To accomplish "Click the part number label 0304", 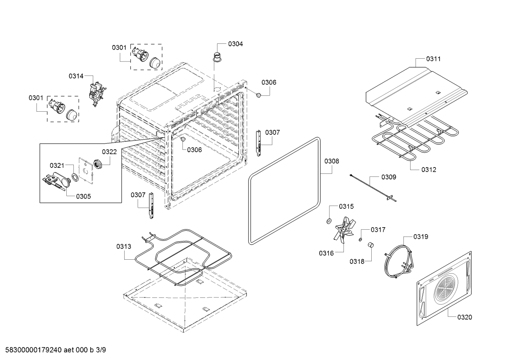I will click(235, 44).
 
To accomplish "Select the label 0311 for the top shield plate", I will click(433, 59).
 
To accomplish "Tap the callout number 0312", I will click(429, 170).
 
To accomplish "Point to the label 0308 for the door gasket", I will click(331, 161).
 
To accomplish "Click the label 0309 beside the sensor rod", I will click(388, 177).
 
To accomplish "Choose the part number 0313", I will click(124, 246).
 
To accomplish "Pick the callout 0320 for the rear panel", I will click(465, 317).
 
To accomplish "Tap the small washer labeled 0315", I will click(329, 221).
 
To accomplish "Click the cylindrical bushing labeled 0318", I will click(370, 245).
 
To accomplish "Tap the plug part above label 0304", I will click(216, 57).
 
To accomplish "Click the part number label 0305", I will click(83, 196).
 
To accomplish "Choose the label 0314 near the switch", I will click(76, 76).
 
